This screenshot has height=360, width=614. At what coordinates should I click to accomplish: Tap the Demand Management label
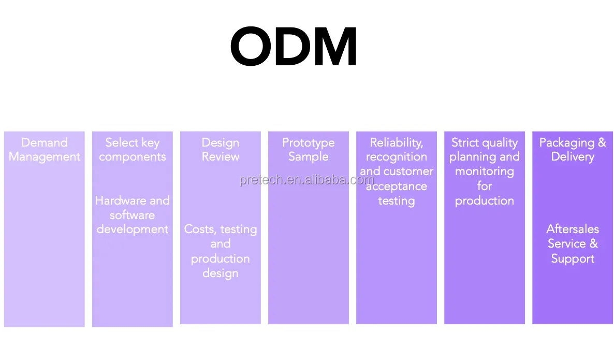pos(45,150)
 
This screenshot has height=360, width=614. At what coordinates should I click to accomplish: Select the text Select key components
pos(133,150)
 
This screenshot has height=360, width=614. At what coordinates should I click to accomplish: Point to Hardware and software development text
pos(133,215)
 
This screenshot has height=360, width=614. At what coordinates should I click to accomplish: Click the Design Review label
pos(221,150)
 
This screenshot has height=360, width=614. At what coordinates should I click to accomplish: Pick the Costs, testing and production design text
pos(221,251)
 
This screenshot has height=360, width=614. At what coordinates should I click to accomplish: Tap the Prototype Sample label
pos(309,150)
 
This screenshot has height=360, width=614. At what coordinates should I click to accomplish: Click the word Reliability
pos(396,142)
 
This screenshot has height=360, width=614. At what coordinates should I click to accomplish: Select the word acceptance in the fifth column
pos(397,186)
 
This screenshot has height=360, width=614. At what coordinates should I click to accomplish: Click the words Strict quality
pos(484,142)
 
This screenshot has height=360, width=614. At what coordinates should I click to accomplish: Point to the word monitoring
pos(485,171)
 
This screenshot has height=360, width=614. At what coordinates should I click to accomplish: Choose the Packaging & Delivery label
pos(573,150)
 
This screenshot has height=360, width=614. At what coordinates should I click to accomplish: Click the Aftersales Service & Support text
pos(573,244)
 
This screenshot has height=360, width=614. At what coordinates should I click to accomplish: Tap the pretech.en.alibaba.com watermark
pos(306,180)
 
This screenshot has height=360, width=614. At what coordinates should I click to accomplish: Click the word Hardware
pos(114,200)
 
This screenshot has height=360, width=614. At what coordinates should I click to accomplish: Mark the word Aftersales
pos(573,229)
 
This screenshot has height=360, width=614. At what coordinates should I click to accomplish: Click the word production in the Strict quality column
pos(485,201)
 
